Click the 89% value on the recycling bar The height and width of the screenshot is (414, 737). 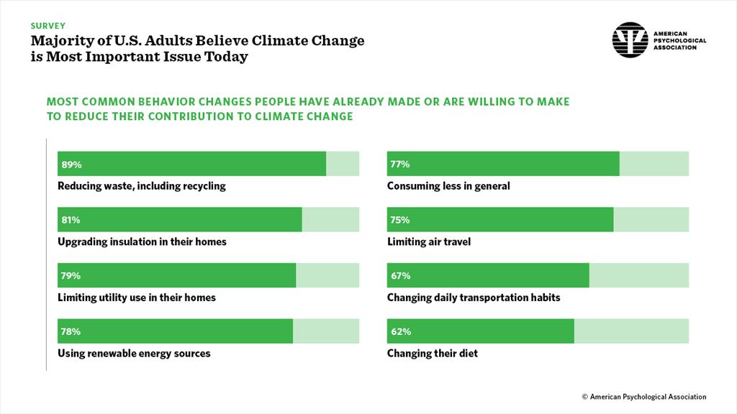click(72, 165)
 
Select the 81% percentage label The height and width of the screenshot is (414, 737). click(71, 220)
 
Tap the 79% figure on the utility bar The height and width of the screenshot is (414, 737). click(71, 276)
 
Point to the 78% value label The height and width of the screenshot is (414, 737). click(71, 332)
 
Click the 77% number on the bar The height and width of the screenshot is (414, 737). click(400, 165)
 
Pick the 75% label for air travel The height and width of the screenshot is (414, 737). click(400, 220)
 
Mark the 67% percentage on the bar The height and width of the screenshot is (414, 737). click(400, 276)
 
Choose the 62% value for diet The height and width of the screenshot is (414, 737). click(400, 332)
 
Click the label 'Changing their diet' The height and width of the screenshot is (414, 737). click(432, 354)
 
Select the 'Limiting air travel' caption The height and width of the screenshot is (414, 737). click(428, 241)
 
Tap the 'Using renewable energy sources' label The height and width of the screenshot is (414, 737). click(134, 354)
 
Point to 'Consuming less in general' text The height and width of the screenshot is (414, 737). click(448, 186)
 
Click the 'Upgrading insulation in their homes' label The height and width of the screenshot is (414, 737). click(142, 241)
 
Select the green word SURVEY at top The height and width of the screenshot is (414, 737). click(48, 25)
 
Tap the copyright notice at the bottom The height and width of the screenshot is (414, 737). click(644, 397)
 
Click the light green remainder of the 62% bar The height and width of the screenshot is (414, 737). click(631, 331)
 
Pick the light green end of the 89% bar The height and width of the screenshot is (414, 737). click(343, 164)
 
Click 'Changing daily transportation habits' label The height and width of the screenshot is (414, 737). click(473, 298)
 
